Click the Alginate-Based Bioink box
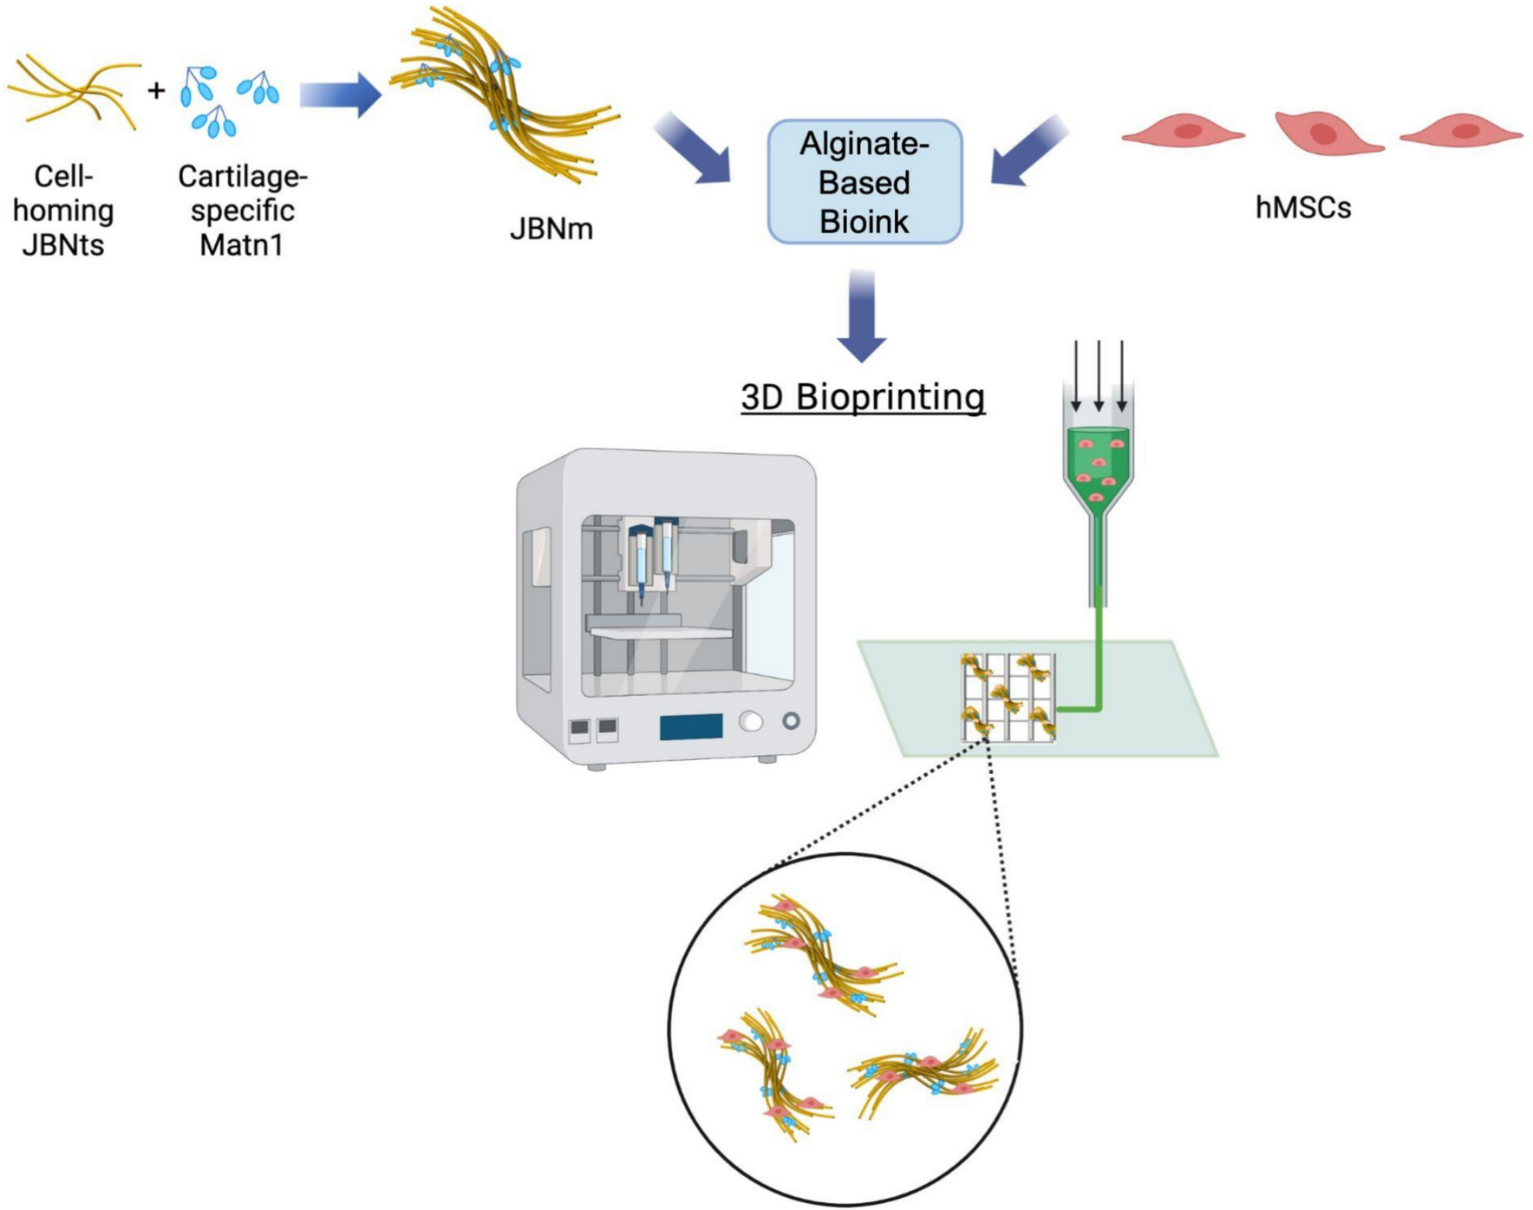(864, 182)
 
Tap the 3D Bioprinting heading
(863, 397)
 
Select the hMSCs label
(1303, 208)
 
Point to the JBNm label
(551, 229)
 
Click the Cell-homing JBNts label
(63, 211)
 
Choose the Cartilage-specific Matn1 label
(242, 211)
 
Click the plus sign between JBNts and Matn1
(156, 90)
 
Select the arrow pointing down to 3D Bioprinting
(862, 316)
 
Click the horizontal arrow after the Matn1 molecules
(341, 94)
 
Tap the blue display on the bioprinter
(690, 726)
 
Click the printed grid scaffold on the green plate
(1008, 698)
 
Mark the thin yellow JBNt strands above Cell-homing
(73, 91)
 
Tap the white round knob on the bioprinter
(751, 721)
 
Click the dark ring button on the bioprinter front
(791, 720)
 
